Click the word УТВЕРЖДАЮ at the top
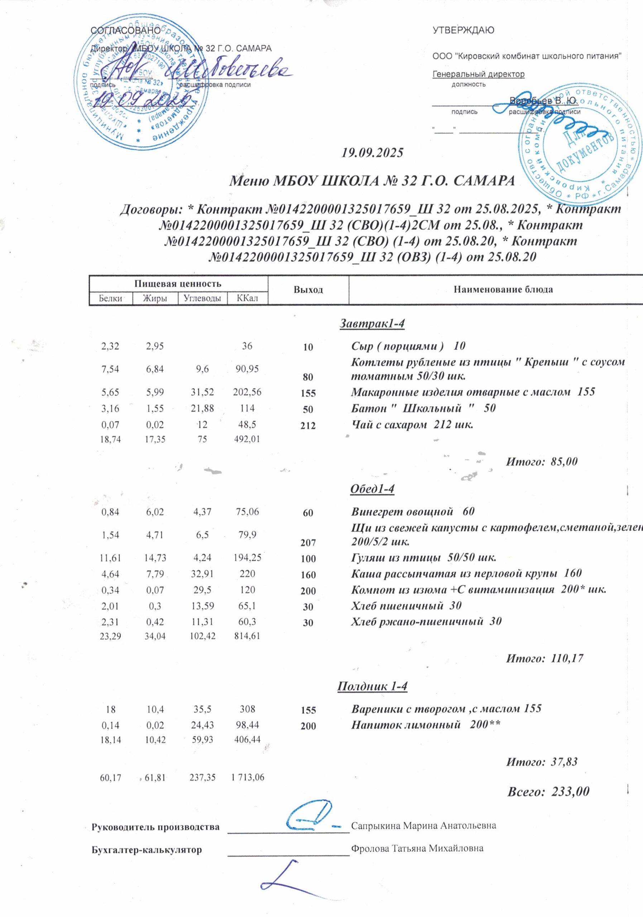[x=463, y=30]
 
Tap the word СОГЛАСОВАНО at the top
[x=126, y=30]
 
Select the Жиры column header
[x=155, y=298]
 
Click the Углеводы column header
[x=202, y=298]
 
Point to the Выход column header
[x=308, y=289]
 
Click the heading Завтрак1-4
[x=372, y=323]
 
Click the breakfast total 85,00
[x=564, y=462]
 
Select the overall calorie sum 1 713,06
[x=248, y=777]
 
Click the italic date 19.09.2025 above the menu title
[x=372, y=153]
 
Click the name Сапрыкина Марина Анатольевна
[x=424, y=825]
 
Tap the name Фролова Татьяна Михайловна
[x=417, y=848]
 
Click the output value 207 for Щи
[x=308, y=543]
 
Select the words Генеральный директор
[x=479, y=74]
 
